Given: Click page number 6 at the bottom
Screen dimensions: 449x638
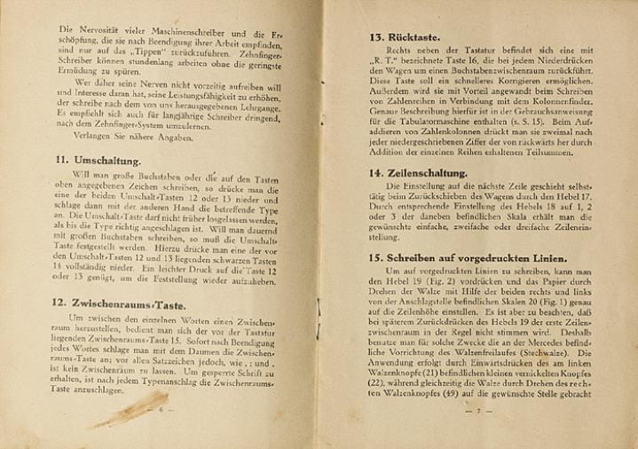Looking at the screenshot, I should point(161,412).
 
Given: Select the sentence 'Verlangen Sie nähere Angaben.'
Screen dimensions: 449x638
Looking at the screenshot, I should point(121,138).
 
